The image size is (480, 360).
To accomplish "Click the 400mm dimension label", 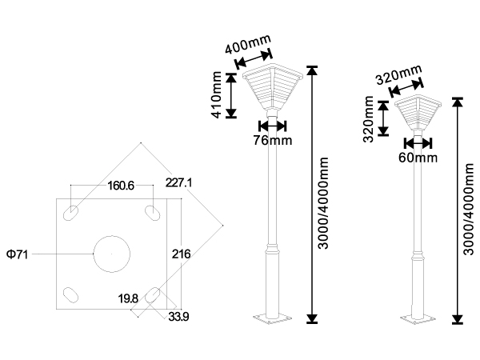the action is [248, 44].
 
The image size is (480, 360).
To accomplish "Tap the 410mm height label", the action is [217, 94].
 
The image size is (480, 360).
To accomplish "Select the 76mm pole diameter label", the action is [273, 140].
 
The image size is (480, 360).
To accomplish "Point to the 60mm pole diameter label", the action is [418, 158].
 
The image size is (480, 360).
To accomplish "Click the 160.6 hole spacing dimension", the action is [121, 186].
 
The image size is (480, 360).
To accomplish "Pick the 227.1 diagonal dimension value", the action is [178, 182].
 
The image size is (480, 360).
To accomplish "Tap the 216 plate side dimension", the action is [181, 254].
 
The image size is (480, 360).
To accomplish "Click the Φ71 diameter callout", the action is [18, 254].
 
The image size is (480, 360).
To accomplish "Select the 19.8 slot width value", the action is [128, 298].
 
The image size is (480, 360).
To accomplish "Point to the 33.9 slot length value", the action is [178, 317].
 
